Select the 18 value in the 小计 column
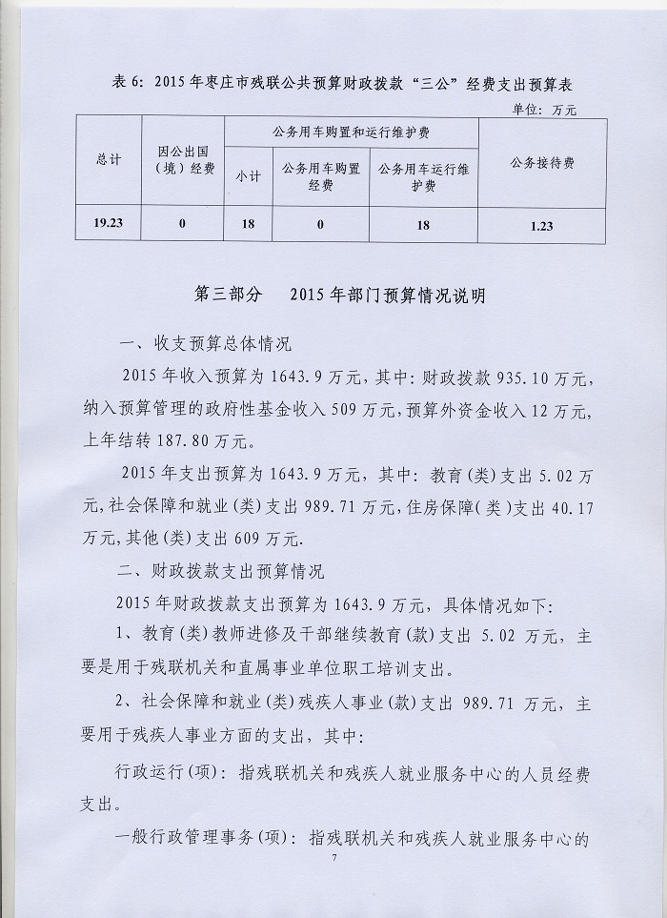(x=248, y=224)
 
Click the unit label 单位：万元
(x=545, y=110)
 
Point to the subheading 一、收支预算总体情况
(x=205, y=343)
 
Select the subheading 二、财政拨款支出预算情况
(x=220, y=572)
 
